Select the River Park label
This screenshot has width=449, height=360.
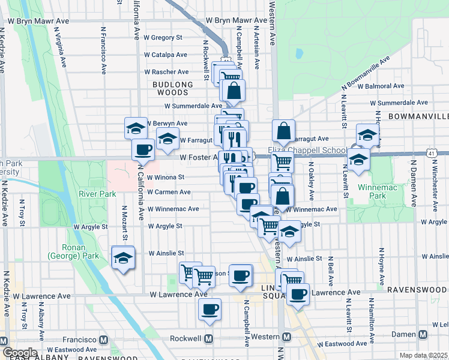(97, 194)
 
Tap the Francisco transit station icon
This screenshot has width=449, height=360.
(104, 340)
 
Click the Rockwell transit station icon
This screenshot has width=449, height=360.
(209, 338)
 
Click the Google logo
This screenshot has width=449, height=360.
(19, 353)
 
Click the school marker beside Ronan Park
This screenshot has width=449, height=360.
(124, 259)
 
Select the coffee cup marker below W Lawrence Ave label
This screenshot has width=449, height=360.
(209, 310)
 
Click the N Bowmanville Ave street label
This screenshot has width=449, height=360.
(366, 71)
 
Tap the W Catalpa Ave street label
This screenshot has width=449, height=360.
(163, 55)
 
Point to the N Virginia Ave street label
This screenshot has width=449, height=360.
(61, 47)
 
